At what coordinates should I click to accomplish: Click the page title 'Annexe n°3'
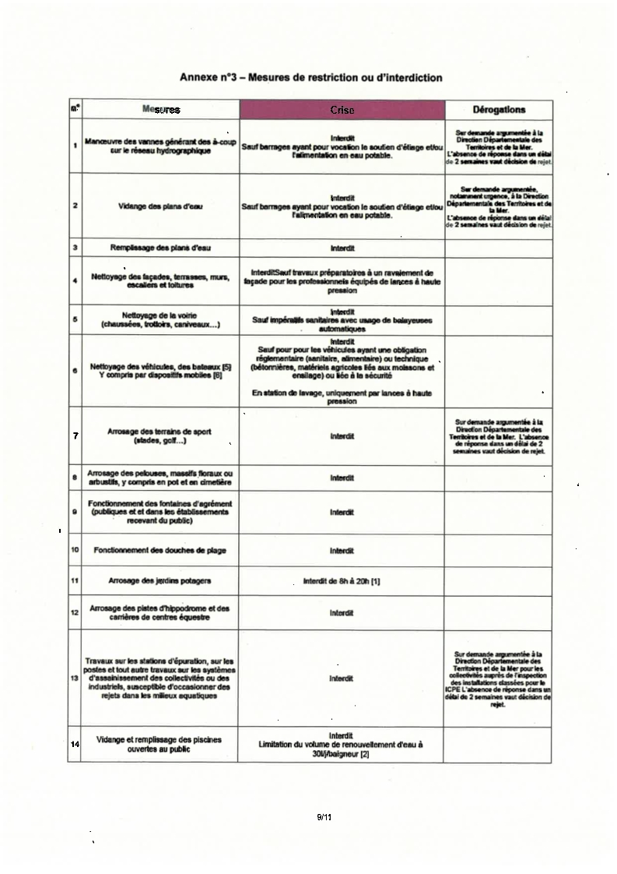(310, 78)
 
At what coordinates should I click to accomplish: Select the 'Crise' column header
(342, 111)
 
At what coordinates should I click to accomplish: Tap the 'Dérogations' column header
(498, 110)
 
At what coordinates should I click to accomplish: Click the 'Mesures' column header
(161, 110)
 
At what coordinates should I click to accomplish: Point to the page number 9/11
(324, 816)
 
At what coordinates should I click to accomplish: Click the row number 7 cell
(75, 435)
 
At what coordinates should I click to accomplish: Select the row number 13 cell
(75, 678)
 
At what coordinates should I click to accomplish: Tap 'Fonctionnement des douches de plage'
(160, 551)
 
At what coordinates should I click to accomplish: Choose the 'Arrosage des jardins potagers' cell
(160, 581)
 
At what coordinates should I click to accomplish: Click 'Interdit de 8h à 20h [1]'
(342, 581)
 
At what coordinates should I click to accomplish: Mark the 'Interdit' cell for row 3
(342, 248)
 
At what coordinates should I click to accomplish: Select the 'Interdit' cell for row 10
(342, 551)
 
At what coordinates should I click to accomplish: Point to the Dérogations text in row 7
(498, 436)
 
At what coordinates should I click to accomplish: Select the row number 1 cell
(75, 146)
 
